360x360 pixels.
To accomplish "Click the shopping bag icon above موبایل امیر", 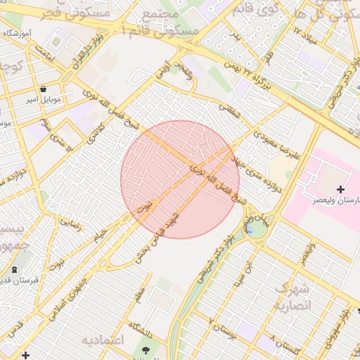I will pos(44,89).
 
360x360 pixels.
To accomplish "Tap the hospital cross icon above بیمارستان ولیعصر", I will pos(341,189).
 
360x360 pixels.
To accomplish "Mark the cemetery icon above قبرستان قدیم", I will pos(15,270).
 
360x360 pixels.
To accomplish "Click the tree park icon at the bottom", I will pos(146,349).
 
